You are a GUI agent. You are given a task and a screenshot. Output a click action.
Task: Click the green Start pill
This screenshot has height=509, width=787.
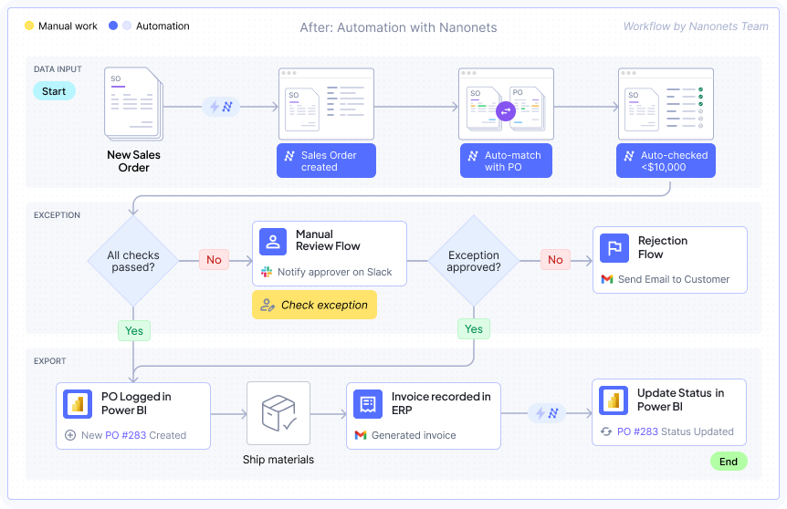pyautogui.click(x=54, y=91)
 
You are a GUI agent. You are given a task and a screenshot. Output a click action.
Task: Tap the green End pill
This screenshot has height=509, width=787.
pyautogui.click(x=728, y=462)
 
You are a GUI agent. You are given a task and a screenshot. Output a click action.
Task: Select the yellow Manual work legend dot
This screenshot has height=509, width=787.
pyautogui.click(x=29, y=26)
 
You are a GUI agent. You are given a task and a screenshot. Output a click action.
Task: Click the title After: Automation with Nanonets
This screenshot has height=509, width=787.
pyautogui.click(x=398, y=27)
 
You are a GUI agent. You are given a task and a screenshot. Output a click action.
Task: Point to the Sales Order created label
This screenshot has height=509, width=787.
pyautogui.click(x=329, y=161)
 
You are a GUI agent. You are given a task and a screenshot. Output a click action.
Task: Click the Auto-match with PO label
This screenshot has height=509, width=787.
pyautogui.click(x=511, y=161)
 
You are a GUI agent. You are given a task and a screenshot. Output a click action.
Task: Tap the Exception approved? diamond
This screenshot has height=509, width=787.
pyautogui.click(x=473, y=261)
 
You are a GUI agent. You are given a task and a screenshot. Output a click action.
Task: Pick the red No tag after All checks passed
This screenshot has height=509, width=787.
pyautogui.click(x=214, y=260)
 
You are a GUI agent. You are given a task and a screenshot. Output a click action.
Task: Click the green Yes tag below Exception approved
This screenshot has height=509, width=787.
pyautogui.click(x=473, y=328)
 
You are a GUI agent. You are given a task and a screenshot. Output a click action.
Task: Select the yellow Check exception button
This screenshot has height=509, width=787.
pyautogui.click(x=314, y=305)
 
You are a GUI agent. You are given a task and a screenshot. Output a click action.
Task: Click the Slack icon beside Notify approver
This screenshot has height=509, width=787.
pyautogui.click(x=268, y=273)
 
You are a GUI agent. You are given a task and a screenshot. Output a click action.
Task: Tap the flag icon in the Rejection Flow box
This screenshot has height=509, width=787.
pyautogui.click(x=614, y=247)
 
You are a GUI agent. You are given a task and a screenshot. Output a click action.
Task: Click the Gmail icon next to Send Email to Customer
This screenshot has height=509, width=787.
pyautogui.click(x=607, y=279)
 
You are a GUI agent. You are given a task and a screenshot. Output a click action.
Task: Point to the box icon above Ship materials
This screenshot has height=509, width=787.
pyautogui.click(x=278, y=413)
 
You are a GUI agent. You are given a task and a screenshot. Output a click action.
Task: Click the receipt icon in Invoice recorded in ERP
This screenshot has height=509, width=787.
pyautogui.click(x=369, y=403)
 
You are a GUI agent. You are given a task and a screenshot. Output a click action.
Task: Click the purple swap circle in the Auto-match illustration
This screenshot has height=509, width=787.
pyautogui.click(x=506, y=111)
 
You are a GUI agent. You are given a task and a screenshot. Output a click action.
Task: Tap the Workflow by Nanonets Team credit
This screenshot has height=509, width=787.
pyautogui.click(x=696, y=26)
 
